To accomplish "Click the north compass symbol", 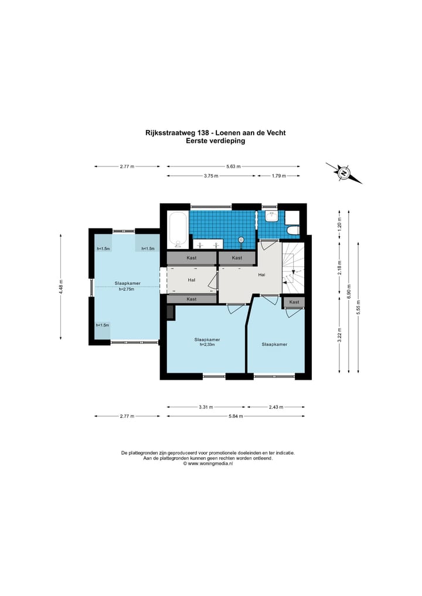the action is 343,173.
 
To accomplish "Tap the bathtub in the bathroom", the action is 178,229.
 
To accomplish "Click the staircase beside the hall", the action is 293,268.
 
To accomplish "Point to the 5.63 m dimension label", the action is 233,166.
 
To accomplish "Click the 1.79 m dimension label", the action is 278,176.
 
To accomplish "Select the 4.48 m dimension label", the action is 61,287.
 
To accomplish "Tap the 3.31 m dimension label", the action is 206,407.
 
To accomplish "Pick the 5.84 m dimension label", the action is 236,416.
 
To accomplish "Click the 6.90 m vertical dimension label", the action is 349,291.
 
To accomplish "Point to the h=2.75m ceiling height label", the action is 127,289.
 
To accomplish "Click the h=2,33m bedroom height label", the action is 207,345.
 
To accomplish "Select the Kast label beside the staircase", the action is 294,302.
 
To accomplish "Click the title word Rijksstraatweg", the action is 171,132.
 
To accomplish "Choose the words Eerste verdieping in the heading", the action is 215,141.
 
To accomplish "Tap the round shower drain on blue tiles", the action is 241,240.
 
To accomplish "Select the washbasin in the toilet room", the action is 272,217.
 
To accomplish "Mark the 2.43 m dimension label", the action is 276,407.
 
